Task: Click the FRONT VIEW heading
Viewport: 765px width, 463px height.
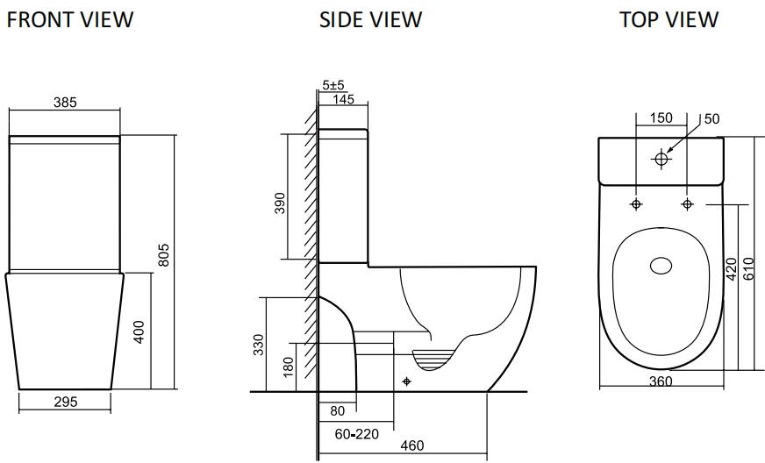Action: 70,19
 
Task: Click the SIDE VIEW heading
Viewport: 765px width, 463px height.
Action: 370,19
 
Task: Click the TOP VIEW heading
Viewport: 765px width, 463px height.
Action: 668,19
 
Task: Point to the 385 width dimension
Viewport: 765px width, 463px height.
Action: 64,102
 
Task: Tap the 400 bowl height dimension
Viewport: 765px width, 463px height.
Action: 139,331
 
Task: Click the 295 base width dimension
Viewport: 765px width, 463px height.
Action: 65,402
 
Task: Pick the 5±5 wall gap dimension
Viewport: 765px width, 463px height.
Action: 332,85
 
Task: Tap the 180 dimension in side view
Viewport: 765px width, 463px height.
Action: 290,367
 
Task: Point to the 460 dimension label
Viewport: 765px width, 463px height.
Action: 412,445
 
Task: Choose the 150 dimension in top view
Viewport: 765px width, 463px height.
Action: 661,118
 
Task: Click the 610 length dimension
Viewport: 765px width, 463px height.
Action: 748,267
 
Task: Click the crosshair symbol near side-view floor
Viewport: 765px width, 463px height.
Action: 405,381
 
